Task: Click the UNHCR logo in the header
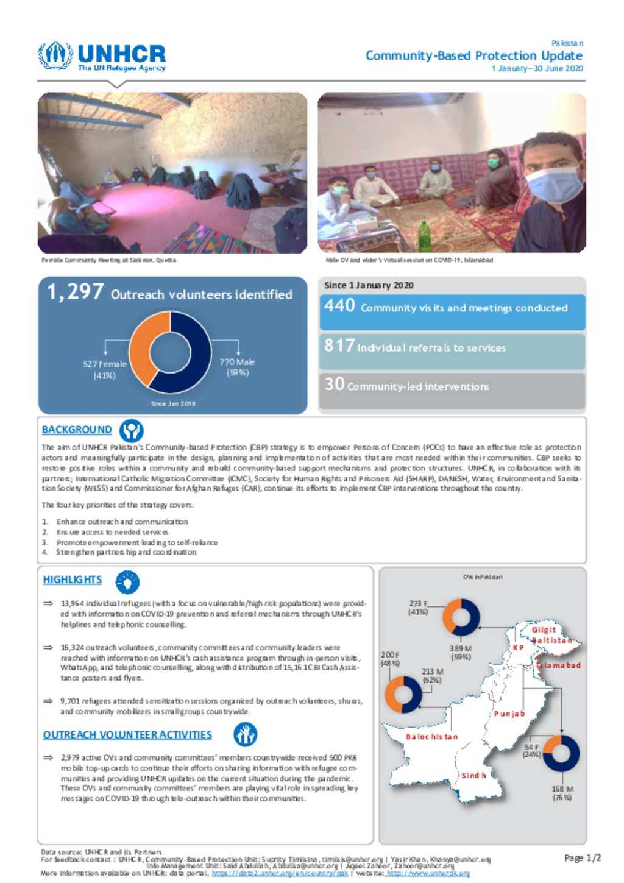(101, 57)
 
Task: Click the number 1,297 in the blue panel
(76, 292)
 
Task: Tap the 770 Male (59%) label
(237, 367)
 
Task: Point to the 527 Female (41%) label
(105, 369)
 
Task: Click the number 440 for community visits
(339, 305)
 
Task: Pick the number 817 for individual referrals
(339, 346)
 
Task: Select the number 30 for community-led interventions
(335, 384)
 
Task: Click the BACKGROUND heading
(77, 430)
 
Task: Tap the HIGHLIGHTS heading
(72, 580)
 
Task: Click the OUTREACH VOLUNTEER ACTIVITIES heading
(127, 735)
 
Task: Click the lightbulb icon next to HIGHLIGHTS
(127, 582)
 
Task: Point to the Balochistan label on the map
(431, 737)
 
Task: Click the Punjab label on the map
(509, 714)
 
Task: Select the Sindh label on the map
(473, 776)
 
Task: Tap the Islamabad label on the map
(559, 665)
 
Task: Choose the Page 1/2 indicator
(583, 858)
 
